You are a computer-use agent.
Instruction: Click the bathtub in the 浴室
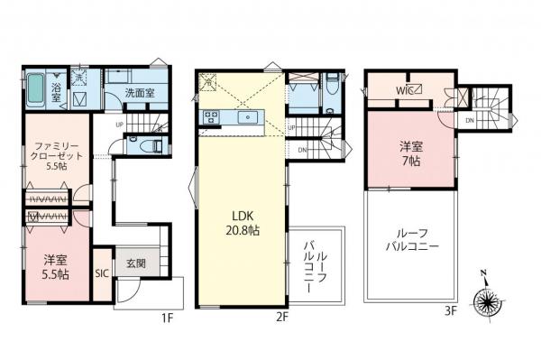[36, 89]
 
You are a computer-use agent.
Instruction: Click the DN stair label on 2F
[302, 149]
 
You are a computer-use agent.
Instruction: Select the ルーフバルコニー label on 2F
[314, 261]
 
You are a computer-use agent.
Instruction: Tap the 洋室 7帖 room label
[411, 153]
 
